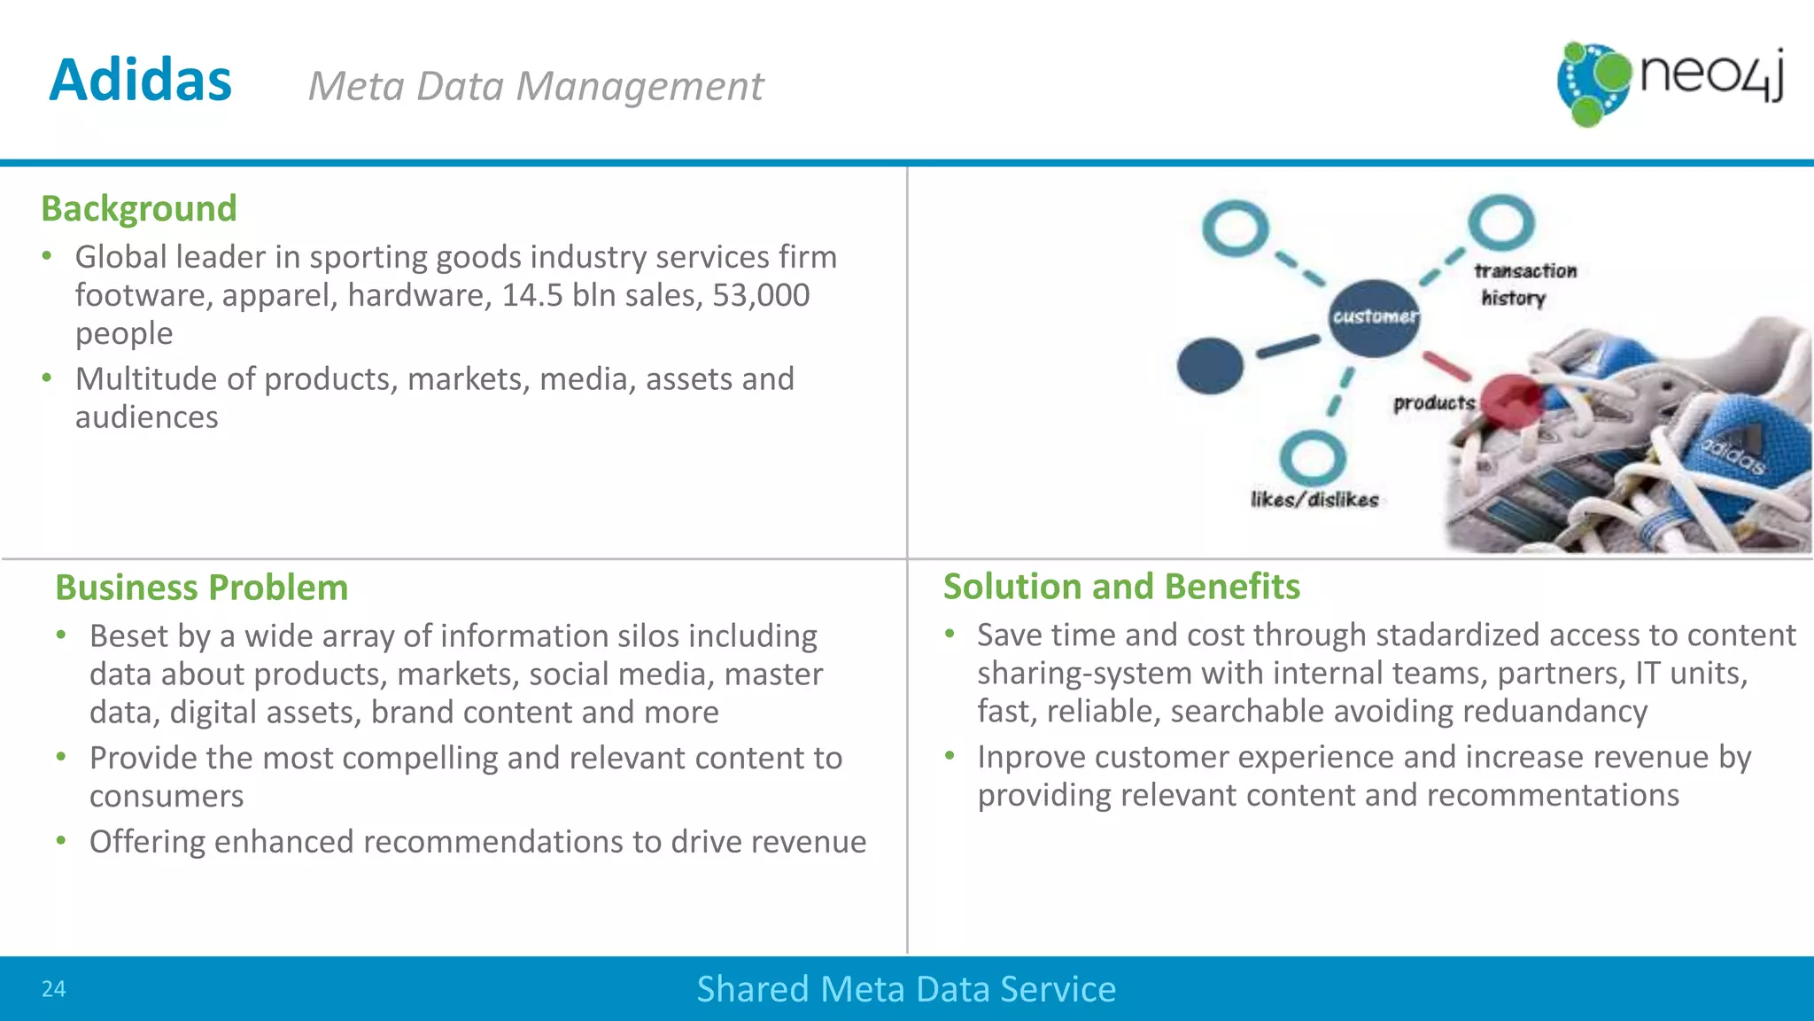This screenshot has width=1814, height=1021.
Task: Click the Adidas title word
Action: pyautogui.click(x=140, y=81)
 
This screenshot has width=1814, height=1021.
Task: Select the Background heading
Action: pyautogui.click(x=139, y=209)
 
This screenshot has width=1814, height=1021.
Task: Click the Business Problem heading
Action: pyautogui.click(x=201, y=588)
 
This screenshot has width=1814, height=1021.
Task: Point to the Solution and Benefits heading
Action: pyautogui.click(x=1121, y=587)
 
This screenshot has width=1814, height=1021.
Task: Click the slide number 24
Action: pyautogui.click(x=53, y=989)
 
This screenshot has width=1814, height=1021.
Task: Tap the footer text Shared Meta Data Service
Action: pyautogui.click(x=906, y=989)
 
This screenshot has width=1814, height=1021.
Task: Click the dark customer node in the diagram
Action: pyautogui.click(x=1374, y=317)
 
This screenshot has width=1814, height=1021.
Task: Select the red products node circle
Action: pyautogui.click(x=1512, y=401)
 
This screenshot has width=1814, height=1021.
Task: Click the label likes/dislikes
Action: pyautogui.click(x=1314, y=500)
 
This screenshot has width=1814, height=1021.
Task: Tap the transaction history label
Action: pyautogui.click(x=1523, y=284)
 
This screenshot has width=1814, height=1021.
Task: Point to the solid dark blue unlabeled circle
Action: pyautogui.click(x=1210, y=365)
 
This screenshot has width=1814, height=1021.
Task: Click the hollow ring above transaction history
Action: pyautogui.click(x=1500, y=222)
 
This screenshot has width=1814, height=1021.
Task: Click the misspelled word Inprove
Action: pyautogui.click(x=1030, y=758)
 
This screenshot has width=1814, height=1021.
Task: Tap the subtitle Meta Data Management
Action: pyautogui.click(x=535, y=87)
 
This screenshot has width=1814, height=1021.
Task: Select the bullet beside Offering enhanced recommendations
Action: pyautogui.click(x=61, y=840)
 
